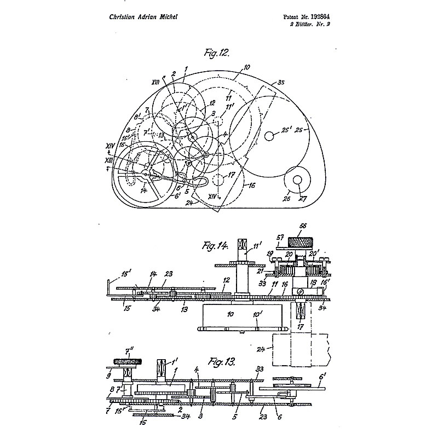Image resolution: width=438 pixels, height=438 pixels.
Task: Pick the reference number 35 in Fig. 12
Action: pyautogui.click(x=281, y=83)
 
